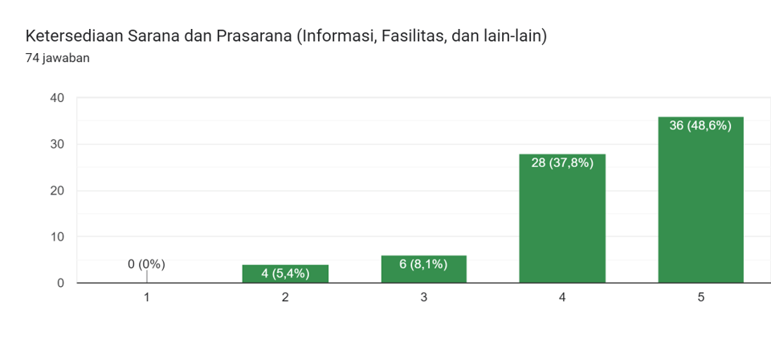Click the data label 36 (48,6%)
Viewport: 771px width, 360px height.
pos(700,125)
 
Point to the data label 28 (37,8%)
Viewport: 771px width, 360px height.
pos(562,162)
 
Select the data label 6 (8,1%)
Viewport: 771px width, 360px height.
pos(423,264)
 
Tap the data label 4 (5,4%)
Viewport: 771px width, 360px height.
pos(285,274)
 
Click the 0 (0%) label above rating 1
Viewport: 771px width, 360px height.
pos(146,264)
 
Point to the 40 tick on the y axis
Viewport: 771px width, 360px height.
pos(56,98)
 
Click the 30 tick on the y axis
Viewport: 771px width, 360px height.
pos(56,145)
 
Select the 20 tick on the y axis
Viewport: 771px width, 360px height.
pos(56,190)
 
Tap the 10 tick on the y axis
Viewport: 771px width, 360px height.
pos(56,237)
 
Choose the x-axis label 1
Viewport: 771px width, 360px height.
pos(146,297)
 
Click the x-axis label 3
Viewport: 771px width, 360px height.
pos(423,297)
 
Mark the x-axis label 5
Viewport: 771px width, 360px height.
pos(700,297)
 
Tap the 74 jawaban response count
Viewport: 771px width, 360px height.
pos(57,58)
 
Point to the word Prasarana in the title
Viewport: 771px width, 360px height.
pos(252,37)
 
